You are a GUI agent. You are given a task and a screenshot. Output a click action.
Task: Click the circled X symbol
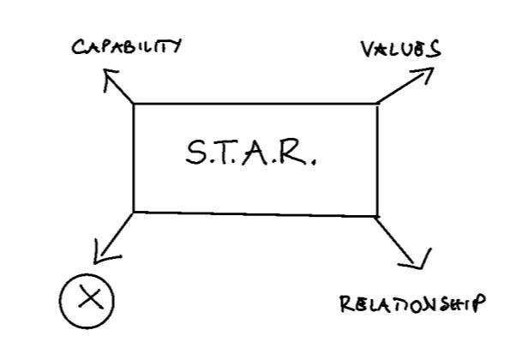(87, 299)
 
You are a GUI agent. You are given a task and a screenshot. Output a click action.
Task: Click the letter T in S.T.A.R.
(231, 154)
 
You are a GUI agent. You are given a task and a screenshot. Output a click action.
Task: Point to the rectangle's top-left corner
(135, 104)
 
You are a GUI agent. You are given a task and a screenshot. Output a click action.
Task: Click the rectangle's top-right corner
(377, 104)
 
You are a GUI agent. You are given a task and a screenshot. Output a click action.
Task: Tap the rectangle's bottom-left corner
(135, 210)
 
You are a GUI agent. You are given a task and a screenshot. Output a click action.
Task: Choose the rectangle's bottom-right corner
(377, 215)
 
